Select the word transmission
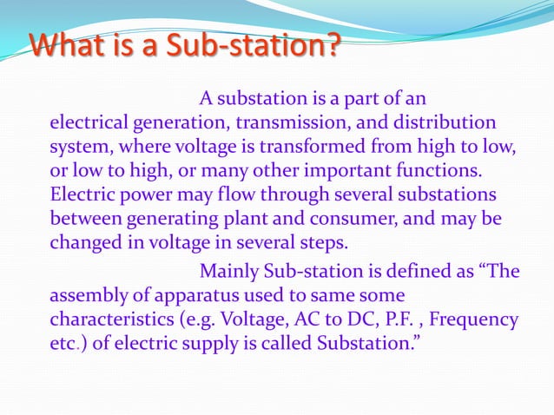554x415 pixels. click(287, 122)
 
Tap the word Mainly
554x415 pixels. click(228, 272)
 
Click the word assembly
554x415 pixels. click(88, 296)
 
